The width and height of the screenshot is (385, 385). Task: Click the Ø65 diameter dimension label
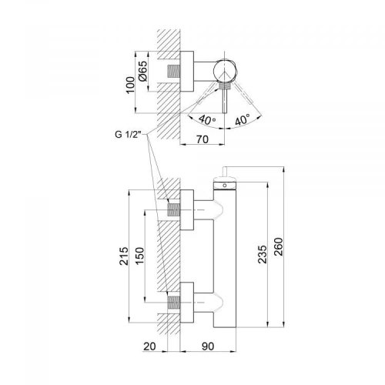coord(143,71)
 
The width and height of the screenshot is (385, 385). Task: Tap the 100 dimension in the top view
coord(130,85)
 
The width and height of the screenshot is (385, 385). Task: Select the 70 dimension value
coord(203,139)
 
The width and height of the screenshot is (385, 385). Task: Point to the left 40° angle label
coord(207,119)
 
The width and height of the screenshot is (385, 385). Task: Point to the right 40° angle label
coord(243,119)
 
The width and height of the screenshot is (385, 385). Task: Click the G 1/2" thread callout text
coord(129,135)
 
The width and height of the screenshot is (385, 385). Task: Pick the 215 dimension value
coord(124,256)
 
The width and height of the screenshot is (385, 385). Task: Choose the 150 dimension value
coord(139,256)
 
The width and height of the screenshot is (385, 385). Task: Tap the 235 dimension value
coord(263,254)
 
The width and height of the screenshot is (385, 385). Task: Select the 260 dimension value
coord(278,246)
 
